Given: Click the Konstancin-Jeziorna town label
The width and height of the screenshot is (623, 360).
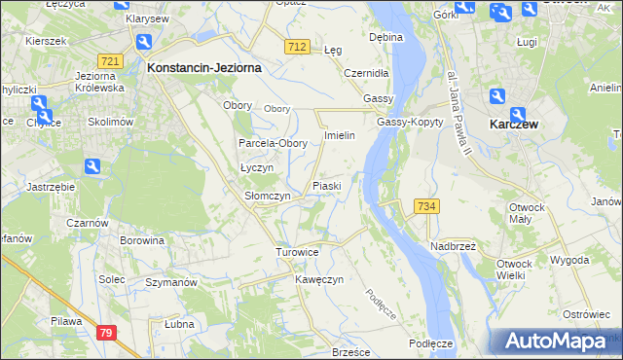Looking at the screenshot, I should [x=202, y=69].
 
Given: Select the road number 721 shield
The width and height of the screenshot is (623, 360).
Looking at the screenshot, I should [x=110, y=61].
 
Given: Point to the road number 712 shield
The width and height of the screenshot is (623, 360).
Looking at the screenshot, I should [x=298, y=47].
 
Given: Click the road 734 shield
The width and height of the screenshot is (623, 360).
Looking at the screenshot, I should [x=427, y=206].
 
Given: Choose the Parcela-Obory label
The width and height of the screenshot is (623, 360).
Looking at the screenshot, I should [x=274, y=143].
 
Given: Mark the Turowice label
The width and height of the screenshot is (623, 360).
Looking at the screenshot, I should [x=297, y=252].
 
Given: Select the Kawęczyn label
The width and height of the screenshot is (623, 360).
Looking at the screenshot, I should [x=319, y=279].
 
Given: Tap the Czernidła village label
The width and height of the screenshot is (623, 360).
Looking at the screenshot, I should [x=367, y=73].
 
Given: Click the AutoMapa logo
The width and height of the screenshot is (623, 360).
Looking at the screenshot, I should [x=555, y=341].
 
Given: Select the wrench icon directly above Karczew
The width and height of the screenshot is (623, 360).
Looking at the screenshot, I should [x=497, y=96].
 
